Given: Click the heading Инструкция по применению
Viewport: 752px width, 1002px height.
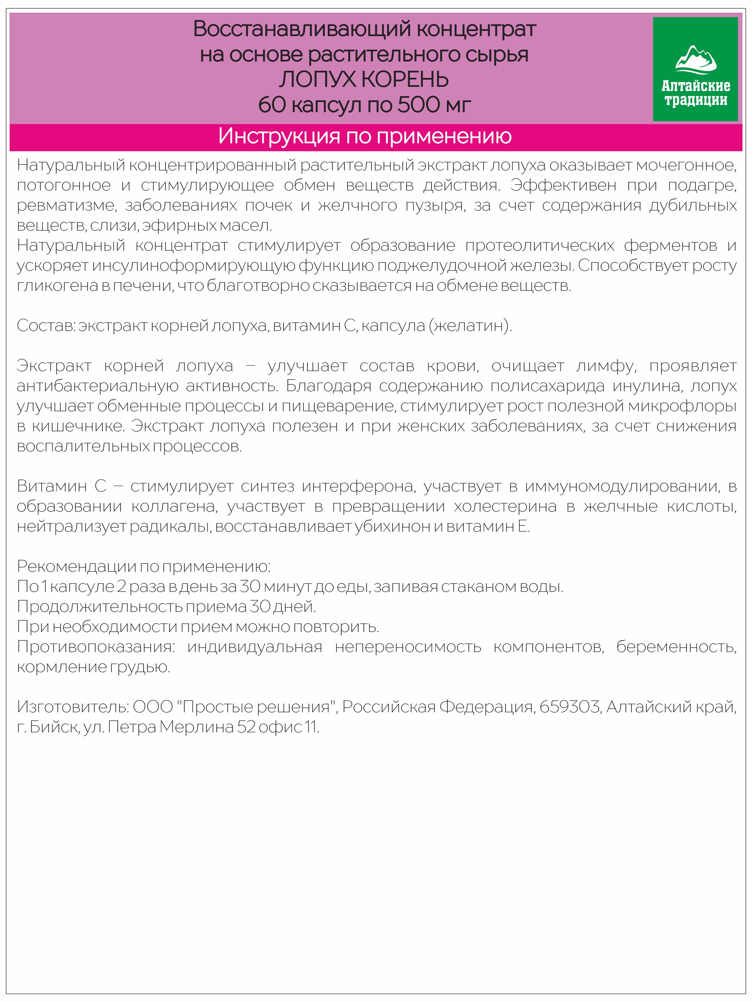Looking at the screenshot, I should [365, 136].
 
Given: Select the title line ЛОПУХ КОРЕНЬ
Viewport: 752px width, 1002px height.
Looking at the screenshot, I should [364, 80].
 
